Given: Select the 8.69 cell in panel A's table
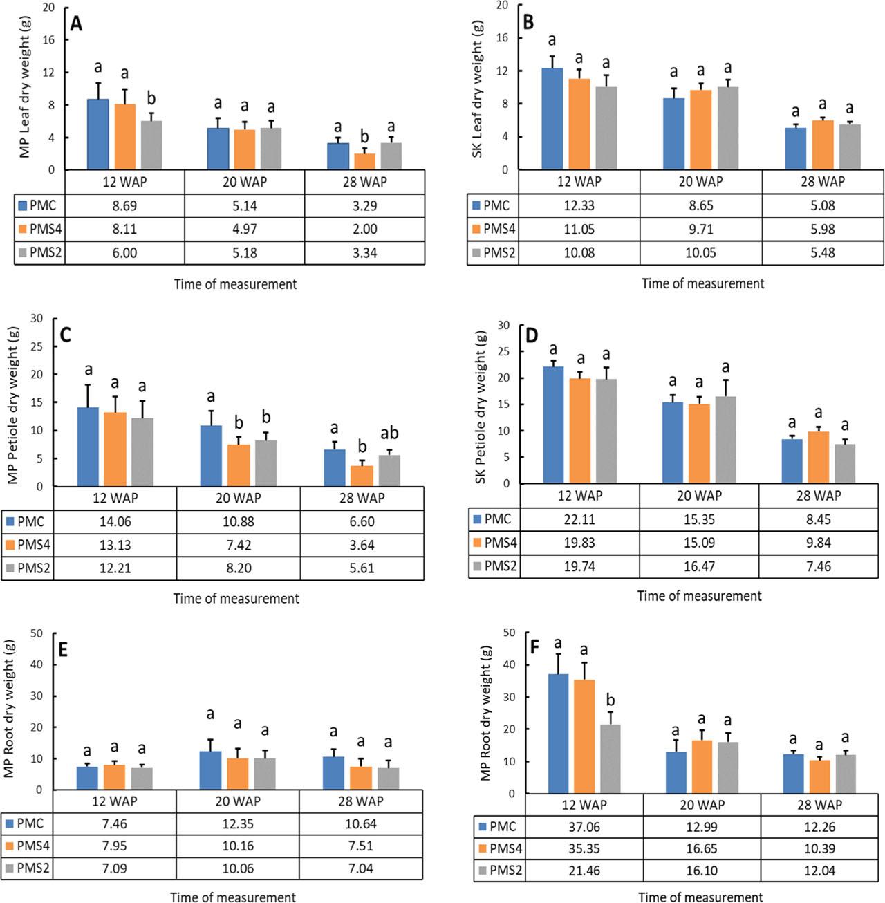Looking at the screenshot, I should click(125, 205).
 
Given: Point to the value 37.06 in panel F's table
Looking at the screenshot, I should click(584, 827).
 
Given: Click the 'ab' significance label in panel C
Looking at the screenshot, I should click(389, 434).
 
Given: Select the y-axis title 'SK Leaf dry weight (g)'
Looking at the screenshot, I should click(478, 88).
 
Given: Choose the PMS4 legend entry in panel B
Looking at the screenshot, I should click(496, 229).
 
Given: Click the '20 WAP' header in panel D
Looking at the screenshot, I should click(698, 496).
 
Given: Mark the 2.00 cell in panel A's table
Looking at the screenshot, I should click(364, 229).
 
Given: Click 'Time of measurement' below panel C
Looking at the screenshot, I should click(236, 599).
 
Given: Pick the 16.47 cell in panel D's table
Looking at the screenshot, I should click(698, 566).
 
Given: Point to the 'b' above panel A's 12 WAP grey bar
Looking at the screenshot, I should click(151, 98).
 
